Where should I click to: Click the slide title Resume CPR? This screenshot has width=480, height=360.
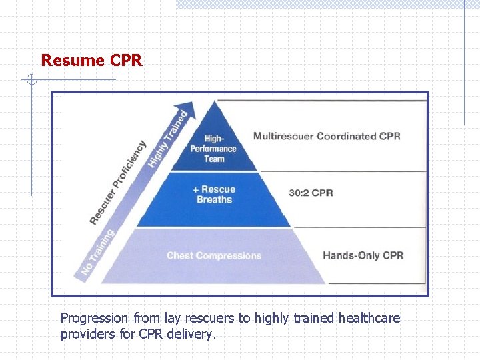coord(91,61)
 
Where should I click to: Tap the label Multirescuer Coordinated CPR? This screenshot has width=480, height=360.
coord(327,136)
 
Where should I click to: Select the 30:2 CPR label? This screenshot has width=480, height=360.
coord(311,193)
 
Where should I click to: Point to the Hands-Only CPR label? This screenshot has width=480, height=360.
coord(363,255)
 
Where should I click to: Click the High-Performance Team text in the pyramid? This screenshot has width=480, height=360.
coord(214,149)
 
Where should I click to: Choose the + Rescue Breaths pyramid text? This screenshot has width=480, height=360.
coord(214,194)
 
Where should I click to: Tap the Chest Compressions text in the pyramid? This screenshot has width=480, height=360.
coord(214,255)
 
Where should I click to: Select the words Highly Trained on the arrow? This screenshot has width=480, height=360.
coord(167,139)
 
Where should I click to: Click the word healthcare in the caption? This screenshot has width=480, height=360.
coord(369,319)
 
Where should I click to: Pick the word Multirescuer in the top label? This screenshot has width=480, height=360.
coord(283,136)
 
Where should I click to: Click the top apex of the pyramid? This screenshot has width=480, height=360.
coord(214,101)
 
